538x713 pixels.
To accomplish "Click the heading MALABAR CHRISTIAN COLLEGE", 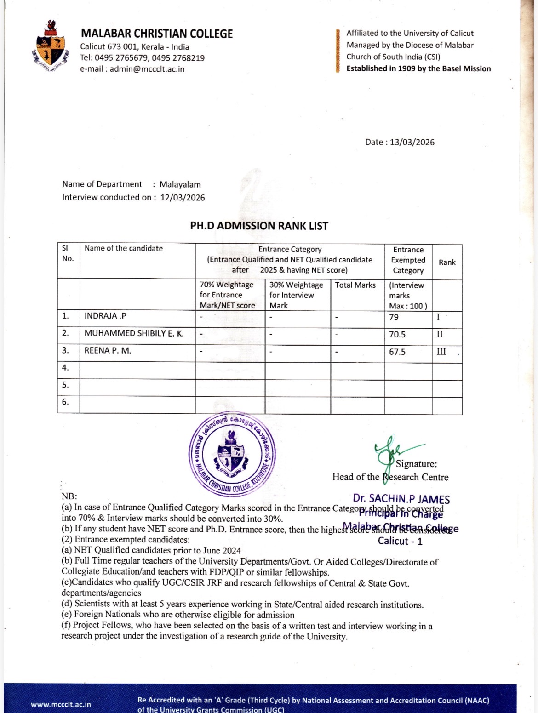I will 157,34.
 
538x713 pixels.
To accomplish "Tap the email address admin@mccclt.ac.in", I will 147,69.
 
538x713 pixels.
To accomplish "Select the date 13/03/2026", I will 412,142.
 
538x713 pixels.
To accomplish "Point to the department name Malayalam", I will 180,184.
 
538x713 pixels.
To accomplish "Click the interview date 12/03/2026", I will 183,198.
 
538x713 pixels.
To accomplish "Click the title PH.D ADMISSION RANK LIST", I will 259,226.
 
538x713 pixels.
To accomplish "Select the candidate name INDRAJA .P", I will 105,316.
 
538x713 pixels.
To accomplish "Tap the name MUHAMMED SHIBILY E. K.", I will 134,333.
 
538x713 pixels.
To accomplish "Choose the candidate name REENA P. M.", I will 108,350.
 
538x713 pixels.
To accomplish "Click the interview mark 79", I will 394,317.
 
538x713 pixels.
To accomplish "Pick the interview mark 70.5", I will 397,335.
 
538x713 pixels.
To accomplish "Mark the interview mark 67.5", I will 397,352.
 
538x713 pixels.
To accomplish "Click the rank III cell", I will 441,352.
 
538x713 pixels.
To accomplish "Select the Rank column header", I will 447,262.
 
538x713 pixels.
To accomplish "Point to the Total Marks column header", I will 355,285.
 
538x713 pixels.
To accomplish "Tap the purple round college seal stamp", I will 232,453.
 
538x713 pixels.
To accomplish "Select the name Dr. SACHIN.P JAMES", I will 401,499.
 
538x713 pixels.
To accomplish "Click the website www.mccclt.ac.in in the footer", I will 61,704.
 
